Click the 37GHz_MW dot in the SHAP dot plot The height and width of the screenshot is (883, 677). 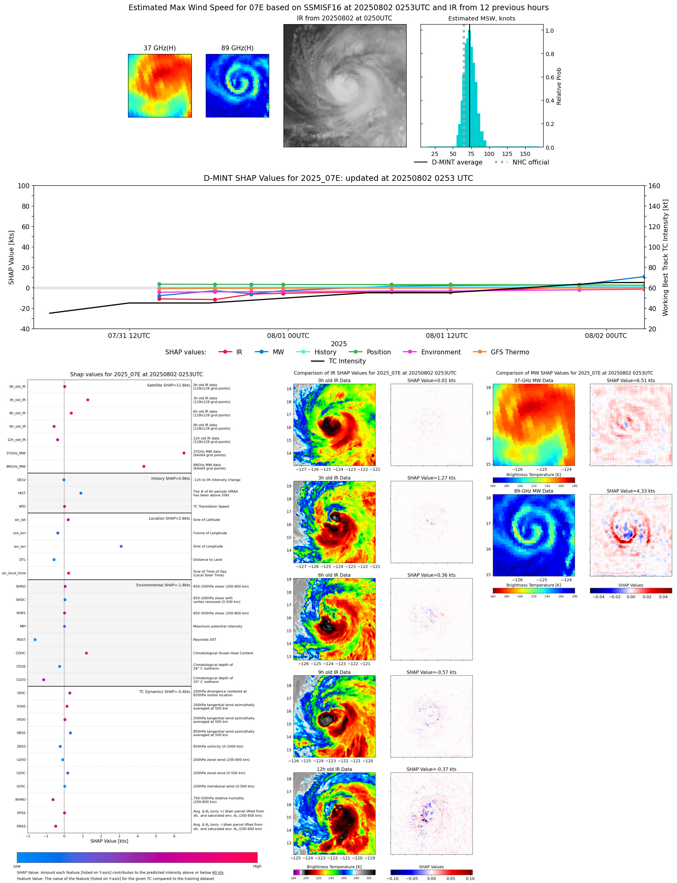[184, 453]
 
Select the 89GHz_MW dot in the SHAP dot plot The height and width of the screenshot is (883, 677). [144, 466]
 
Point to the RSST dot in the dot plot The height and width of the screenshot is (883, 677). [35, 640]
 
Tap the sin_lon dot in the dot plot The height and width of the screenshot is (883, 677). [121, 546]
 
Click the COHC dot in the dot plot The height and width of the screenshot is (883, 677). [86, 653]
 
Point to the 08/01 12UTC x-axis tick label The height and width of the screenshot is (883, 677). [447, 336]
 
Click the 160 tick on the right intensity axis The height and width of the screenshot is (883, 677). [654, 186]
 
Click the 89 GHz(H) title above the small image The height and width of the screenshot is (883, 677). [237, 48]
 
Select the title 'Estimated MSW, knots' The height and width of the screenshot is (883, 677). [481, 18]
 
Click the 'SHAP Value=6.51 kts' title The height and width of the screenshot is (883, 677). [630, 381]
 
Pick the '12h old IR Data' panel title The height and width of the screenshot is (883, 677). [334, 769]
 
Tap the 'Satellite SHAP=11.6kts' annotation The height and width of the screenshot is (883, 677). [168, 385]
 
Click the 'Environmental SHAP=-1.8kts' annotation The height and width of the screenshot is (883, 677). [163, 585]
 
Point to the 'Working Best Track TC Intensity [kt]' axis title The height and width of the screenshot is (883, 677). [666, 257]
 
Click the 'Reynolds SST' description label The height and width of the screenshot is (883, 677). [205, 640]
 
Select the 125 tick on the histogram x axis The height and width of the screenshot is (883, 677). [507, 154]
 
